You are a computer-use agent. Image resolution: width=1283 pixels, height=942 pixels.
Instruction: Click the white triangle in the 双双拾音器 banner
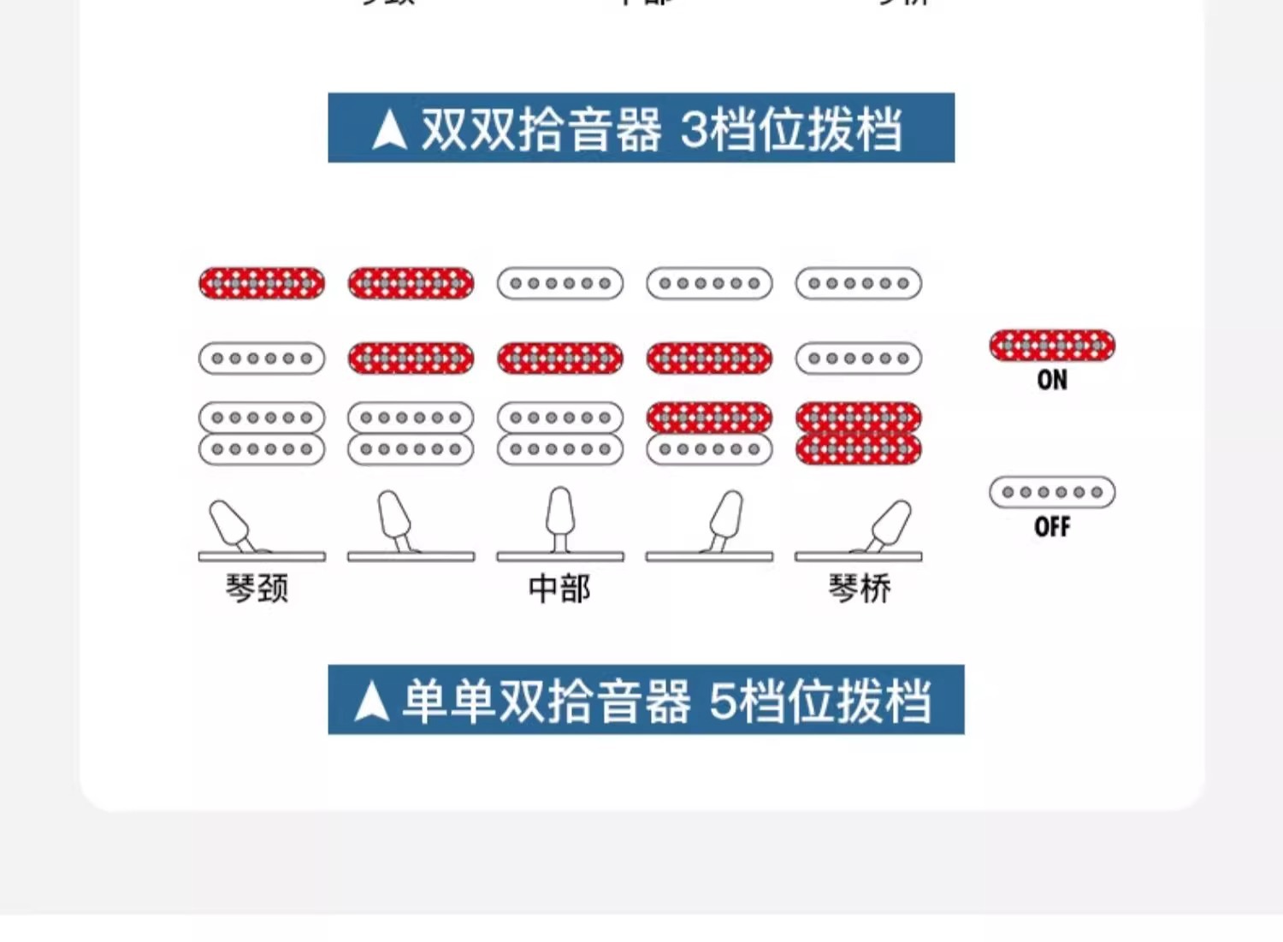[x=390, y=130]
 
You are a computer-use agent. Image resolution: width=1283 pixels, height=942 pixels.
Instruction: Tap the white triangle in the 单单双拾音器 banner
[x=371, y=702]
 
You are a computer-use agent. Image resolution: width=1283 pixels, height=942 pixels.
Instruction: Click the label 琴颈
[x=257, y=589]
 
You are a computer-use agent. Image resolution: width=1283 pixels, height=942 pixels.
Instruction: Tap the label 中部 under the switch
[x=559, y=589]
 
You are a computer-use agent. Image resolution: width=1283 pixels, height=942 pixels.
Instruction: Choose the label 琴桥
[x=859, y=589]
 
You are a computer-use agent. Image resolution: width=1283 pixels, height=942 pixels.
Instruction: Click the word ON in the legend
[x=1052, y=380]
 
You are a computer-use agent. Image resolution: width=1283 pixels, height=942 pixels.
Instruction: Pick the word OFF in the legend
[x=1052, y=526]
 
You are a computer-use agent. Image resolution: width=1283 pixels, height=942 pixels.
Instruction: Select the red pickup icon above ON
[x=1052, y=345]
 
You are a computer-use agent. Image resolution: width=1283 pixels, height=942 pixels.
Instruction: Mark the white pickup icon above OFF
[x=1052, y=492]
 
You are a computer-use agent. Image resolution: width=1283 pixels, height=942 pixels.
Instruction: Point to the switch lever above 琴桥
[x=889, y=524]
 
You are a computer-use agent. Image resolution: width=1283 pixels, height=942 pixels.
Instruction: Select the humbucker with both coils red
[x=859, y=434]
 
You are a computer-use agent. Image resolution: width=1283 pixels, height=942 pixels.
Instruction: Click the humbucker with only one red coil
[x=709, y=434]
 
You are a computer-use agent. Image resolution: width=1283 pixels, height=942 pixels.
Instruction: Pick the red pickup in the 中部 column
[x=560, y=358]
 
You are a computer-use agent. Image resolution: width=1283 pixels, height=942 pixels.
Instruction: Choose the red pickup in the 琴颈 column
[x=262, y=283]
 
